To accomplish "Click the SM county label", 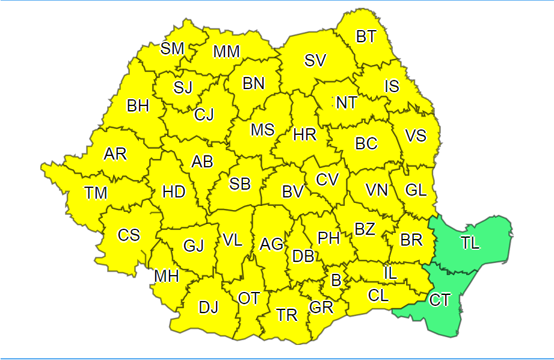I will point(172,49).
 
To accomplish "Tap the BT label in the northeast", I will point(366,37).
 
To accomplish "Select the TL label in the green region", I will point(471,243).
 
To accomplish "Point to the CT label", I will point(440,300).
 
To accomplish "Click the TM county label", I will point(96,193).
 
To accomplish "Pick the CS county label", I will point(129,234).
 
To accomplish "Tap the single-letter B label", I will point(336,279).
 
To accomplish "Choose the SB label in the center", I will point(240,184).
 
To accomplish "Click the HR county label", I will point(305,135).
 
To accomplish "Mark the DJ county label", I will point(209,308).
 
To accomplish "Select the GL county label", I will point(416,190).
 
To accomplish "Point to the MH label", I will point(167,276).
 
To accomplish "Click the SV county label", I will point(315,60).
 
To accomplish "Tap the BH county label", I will point(138,106).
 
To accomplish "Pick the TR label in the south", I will point(287,315).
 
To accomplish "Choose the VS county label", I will point(416,135).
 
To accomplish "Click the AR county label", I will point(115,154).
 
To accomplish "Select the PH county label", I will point(329,238).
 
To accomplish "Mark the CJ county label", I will point(204,114).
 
